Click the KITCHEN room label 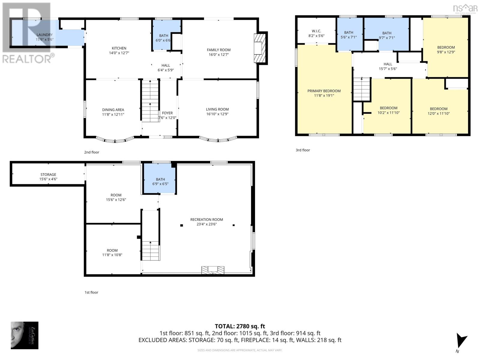pyautogui.click(x=119, y=48)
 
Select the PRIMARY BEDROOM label pyautogui.click(x=324, y=91)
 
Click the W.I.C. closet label pyautogui.click(x=316, y=31)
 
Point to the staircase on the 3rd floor pyautogui.click(x=361, y=89)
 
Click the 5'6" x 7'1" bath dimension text pyautogui.click(x=349, y=37)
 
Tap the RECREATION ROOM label pyautogui.click(x=206, y=220)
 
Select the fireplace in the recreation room pyautogui.click(x=213, y=270)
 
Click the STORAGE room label pyautogui.click(x=48, y=175)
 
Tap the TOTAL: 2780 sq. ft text pyautogui.click(x=240, y=326)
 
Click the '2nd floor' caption pyautogui.click(x=91, y=152)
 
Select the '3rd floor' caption pyautogui.click(x=303, y=150)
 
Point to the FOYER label pyautogui.click(x=167, y=113)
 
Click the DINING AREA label pyautogui.click(x=113, y=110)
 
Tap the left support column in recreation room pyautogui.click(x=181, y=225)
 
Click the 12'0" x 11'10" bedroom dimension pyautogui.click(x=438, y=113)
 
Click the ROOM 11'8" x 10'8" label pyautogui.click(x=112, y=250)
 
